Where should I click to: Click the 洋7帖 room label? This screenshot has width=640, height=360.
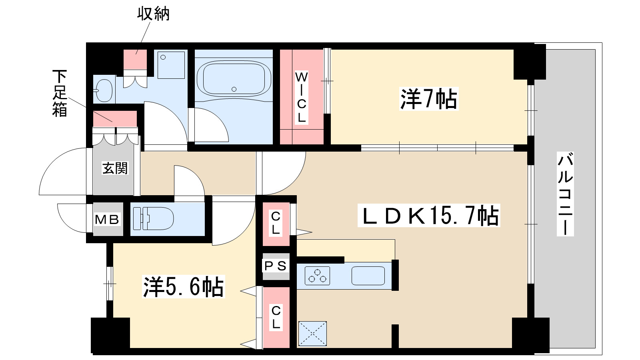pos(428,99)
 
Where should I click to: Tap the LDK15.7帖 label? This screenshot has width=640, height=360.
pos(429,216)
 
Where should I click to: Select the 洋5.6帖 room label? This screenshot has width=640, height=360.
pos(184,286)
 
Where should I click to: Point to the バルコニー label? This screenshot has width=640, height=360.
pos(565,194)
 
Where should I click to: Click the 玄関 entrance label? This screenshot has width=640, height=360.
pos(115,168)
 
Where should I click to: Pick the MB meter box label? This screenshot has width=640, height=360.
pos(107,219)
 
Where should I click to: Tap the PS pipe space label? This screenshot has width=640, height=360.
pos(276,266)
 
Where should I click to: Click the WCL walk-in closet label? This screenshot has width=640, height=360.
pos(302,97)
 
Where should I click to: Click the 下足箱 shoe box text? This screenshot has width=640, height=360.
pos(60,93)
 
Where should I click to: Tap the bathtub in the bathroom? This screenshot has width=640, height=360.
pos(234,78)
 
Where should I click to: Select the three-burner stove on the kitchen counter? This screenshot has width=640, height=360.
pos(318,276)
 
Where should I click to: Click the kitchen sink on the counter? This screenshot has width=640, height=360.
pos(368,276)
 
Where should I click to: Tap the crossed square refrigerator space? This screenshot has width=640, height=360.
pos(312,333)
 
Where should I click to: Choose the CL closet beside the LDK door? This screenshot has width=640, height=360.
pos(276,224)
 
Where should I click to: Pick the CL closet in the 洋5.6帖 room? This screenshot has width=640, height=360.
pos(276,318)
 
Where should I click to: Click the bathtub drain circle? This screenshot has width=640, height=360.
pos(234,89)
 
